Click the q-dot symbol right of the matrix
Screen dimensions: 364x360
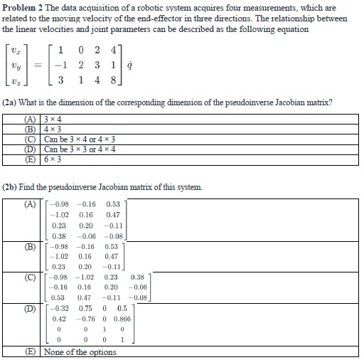146,65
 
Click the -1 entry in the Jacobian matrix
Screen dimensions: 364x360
63,65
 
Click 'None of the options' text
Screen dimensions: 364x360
80,352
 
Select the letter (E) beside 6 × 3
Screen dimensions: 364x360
31,159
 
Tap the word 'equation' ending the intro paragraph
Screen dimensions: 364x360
291,28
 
